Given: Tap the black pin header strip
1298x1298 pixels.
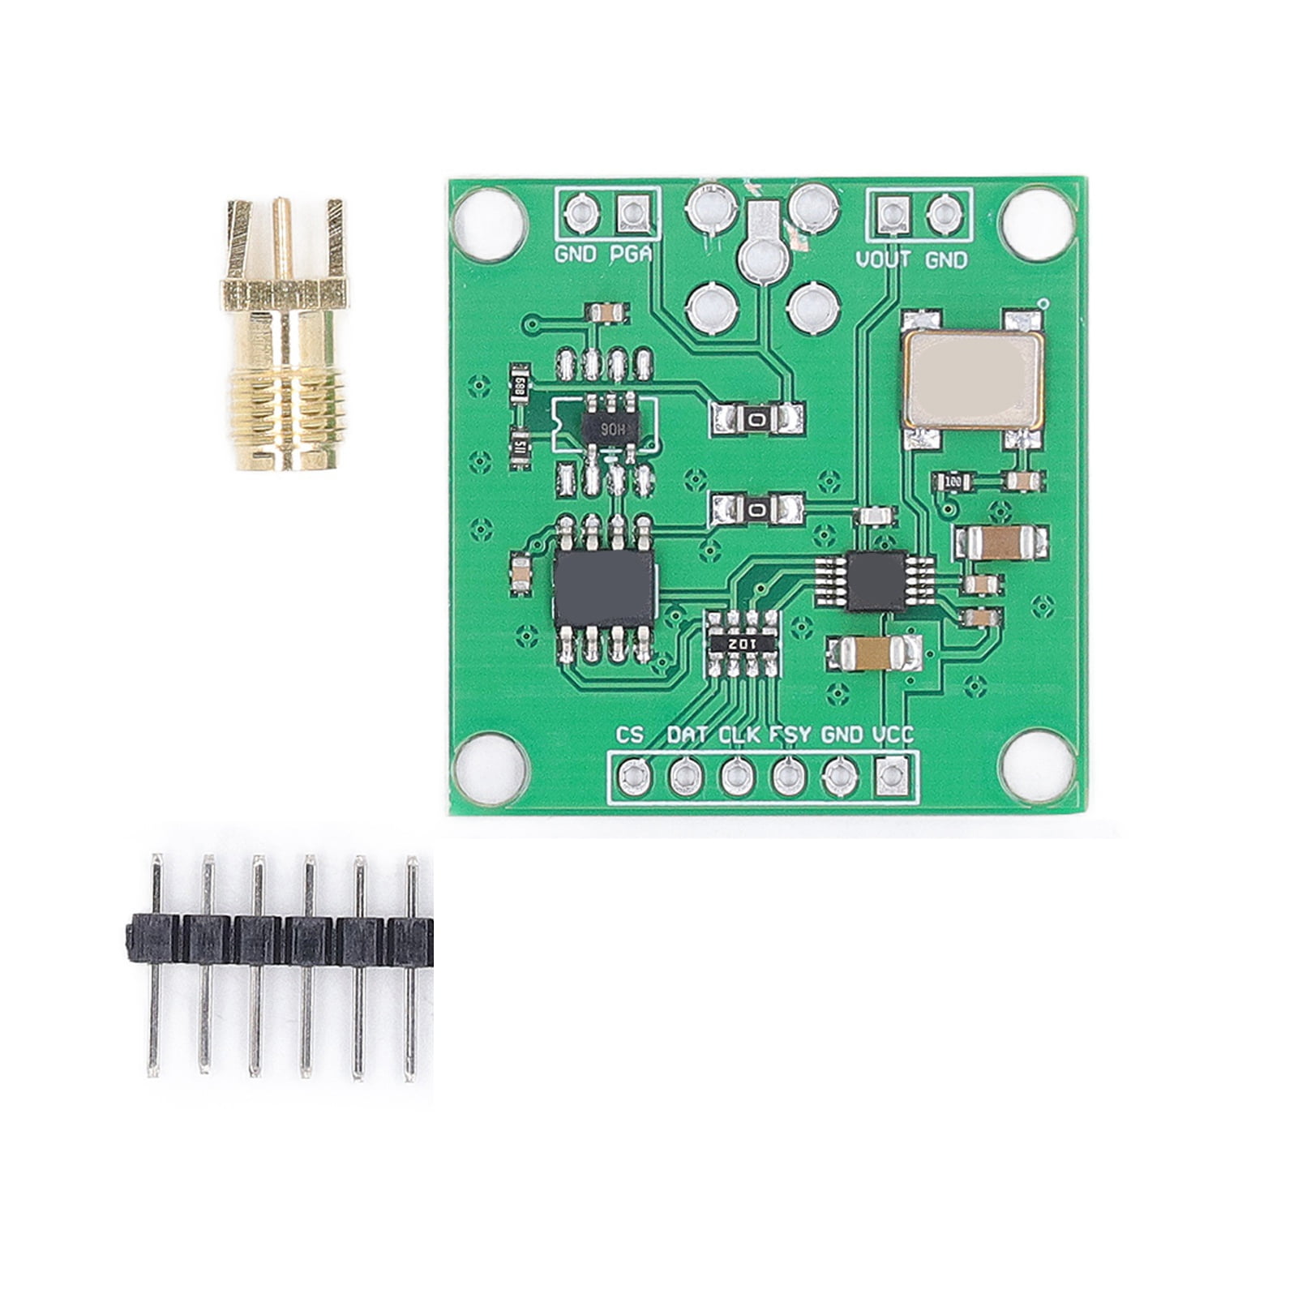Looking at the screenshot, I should point(280,940).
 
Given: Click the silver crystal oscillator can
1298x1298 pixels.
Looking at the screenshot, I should point(973,379).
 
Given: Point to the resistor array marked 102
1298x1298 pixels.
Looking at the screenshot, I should point(743,643).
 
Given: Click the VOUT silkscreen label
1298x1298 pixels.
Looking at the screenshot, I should point(883,260).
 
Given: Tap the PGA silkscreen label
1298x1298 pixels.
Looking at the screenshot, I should point(631,255).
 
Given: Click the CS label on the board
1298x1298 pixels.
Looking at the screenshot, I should point(630,735).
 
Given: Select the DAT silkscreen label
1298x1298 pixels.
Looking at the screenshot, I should point(688,735).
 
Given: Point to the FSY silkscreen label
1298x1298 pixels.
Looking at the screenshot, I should point(790,735).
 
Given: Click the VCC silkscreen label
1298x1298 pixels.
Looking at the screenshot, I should point(893,735).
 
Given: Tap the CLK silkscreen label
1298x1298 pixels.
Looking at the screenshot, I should point(739,735).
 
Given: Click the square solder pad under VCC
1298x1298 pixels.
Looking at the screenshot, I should point(892,777).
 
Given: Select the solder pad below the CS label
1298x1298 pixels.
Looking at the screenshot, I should point(633,777).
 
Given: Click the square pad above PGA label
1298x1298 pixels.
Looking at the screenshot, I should point(632,213).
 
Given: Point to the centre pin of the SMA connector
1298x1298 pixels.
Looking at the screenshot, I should point(282,235).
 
